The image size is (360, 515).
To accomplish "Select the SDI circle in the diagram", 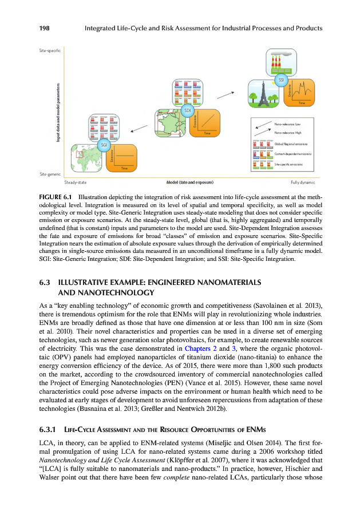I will coord(187,109).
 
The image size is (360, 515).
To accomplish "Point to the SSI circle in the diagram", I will coord(281,81).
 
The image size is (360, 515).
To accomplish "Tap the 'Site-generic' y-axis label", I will coord(50,173).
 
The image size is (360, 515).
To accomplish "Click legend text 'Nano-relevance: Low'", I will coord(287,124).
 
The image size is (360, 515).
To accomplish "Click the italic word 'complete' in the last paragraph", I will coord(183,476).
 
